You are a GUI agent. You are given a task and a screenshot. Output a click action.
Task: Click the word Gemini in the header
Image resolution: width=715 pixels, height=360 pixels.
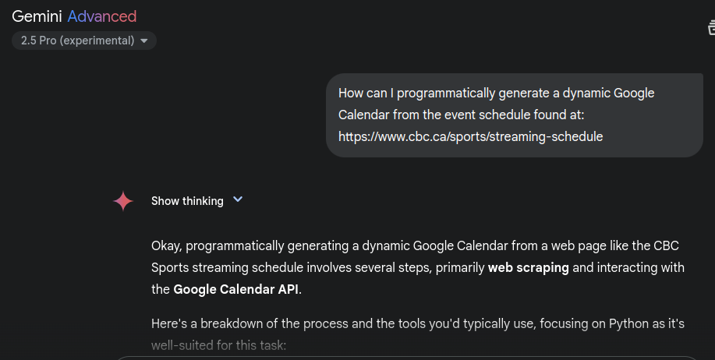(37, 17)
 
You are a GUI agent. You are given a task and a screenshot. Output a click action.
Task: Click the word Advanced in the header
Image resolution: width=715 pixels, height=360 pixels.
(102, 17)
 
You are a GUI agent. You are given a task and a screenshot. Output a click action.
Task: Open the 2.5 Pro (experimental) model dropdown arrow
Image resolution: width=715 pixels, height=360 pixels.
(144, 41)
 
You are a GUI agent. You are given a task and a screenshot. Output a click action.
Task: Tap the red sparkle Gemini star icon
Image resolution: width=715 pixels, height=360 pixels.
(123, 201)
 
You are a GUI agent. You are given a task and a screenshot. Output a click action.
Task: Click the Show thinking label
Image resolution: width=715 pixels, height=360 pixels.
(187, 201)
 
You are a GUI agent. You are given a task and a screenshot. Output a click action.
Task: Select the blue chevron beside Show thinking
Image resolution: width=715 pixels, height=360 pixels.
(238, 199)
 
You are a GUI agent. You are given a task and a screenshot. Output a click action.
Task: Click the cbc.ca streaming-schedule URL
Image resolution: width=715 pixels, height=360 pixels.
(471, 136)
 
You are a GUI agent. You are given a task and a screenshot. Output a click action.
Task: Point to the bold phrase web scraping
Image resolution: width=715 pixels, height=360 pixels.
(529, 267)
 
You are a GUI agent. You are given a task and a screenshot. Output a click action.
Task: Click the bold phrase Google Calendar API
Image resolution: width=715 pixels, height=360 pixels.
(235, 289)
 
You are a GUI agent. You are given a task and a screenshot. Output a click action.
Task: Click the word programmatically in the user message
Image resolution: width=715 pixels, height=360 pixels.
(446, 94)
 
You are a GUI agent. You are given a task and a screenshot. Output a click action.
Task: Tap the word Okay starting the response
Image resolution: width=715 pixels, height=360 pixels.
(166, 246)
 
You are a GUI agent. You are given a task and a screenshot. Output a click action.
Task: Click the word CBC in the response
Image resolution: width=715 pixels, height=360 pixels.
(666, 245)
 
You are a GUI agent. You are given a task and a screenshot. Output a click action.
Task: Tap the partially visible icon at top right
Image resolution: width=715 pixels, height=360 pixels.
(711, 27)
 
